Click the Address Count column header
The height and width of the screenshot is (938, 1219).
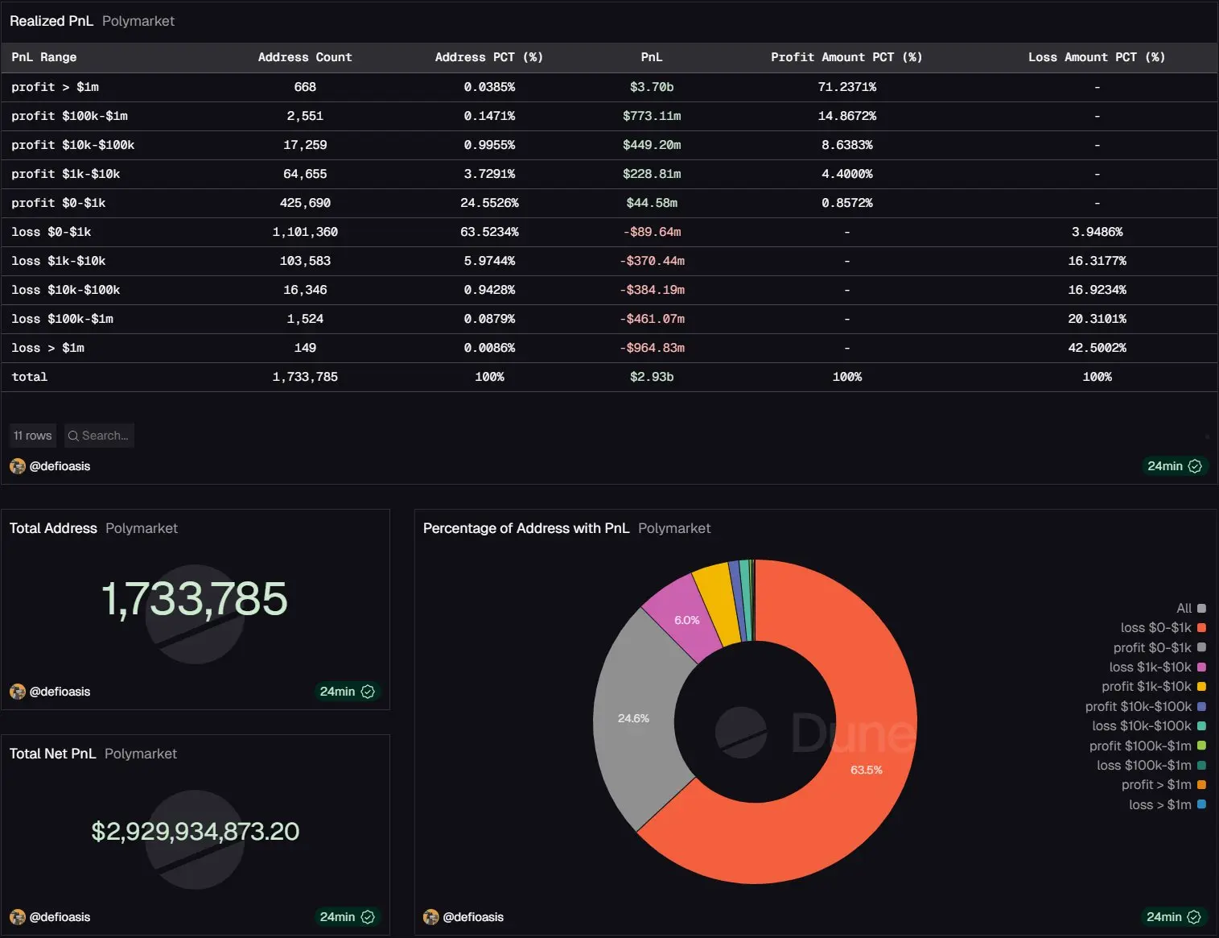coord(305,57)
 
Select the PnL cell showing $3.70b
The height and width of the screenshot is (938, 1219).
coord(652,87)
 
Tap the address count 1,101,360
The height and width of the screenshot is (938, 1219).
coord(305,232)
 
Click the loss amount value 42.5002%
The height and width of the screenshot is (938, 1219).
coord(1097,348)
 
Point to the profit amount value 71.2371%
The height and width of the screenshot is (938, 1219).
coord(846,87)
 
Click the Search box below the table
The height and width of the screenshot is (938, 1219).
coord(100,436)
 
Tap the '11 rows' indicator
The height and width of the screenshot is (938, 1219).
coord(33,436)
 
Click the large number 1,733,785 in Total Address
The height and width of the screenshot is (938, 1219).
coord(194,599)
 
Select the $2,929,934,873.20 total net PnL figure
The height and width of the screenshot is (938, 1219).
coord(195,831)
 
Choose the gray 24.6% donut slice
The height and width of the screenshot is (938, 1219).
coord(636,717)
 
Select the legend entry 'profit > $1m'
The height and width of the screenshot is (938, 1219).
coord(1157,785)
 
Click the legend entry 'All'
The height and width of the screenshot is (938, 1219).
coord(1184,609)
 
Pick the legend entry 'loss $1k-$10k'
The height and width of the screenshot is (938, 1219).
coord(1151,667)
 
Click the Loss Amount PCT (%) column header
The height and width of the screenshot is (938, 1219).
coord(1096,57)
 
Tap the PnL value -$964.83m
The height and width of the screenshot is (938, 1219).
coord(652,348)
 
